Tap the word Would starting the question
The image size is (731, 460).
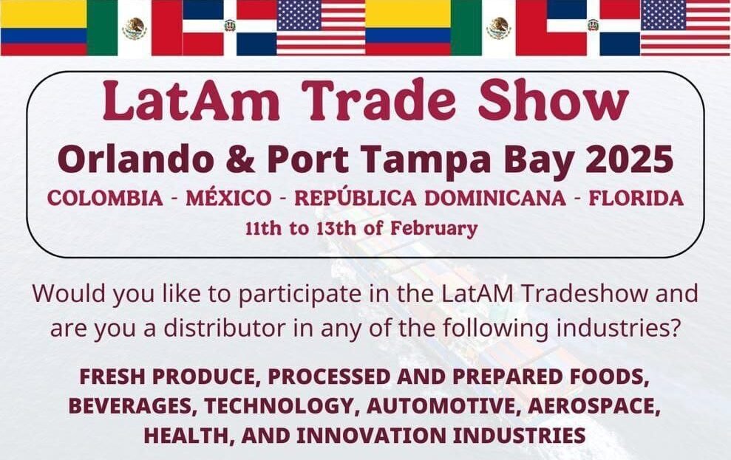tap(69, 293)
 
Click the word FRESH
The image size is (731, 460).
tap(111, 377)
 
